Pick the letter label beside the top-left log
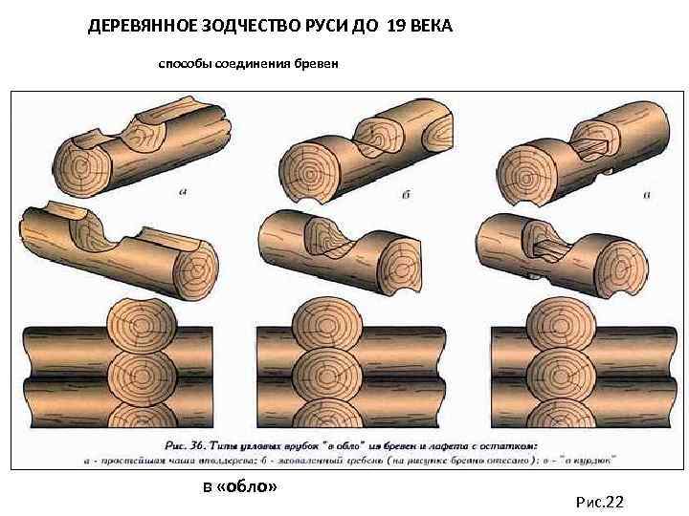coord(183,192)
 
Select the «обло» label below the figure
coord(247,487)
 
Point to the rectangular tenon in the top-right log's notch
coord(588,146)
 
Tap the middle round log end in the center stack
coord(330,375)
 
